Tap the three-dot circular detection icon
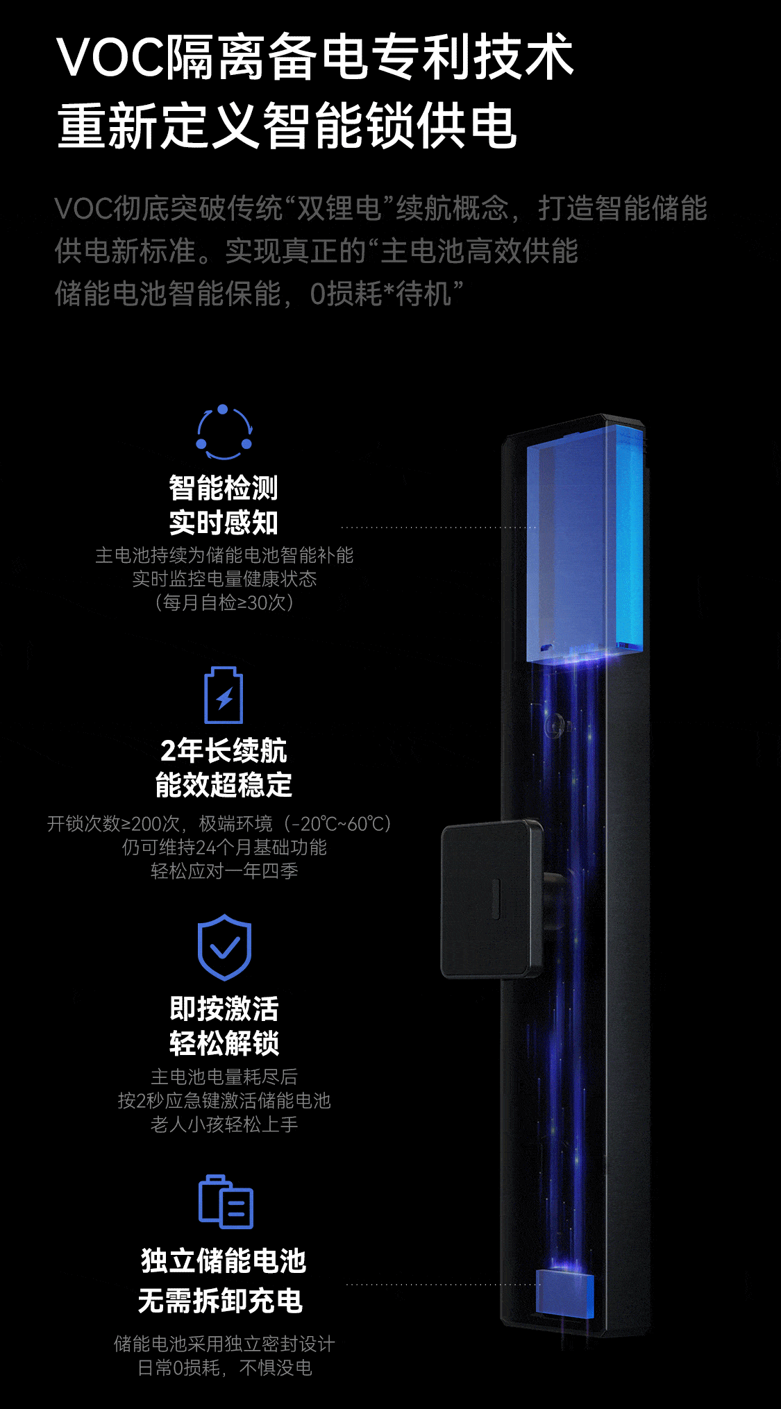coord(224,432)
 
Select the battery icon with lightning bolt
coord(224,695)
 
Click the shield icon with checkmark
coord(224,947)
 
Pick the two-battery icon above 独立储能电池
coord(226,1201)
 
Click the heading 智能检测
coord(224,488)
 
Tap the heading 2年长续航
coord(224,750)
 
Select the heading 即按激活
coord(224,1009)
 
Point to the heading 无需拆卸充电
coord(221,1301)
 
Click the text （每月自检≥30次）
coord(224,602)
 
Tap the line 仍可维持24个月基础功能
coord(224,847)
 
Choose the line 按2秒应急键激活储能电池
coord(224,1101)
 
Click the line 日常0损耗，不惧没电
coord(224,1368)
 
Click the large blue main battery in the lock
coord(584,545)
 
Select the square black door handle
coord(491,899)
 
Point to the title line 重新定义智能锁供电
coord(287,126)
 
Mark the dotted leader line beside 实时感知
coord(437,528)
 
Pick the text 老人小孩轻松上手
coord(224,1124)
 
